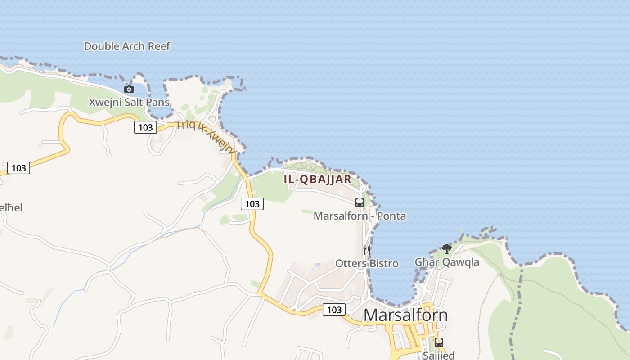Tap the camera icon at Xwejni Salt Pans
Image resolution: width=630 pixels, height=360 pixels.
(x=129, y=89)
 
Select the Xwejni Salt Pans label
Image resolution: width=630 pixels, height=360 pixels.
(x=129, y=102)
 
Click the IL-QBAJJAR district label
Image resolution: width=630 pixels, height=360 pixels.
(x=317, y=179)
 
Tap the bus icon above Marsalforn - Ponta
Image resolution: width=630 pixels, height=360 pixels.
(x=359, y=202)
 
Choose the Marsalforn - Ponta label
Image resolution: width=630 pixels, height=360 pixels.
(x=360, y=216)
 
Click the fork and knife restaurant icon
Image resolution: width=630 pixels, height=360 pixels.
(x=367, y=250)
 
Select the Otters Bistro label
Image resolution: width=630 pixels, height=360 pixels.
(x=367, y=263)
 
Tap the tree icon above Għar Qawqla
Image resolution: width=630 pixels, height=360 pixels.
(x=446, y=248)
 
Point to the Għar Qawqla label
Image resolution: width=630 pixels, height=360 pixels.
(x=447, y=262)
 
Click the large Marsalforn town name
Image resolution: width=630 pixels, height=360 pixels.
(x=405, y=315)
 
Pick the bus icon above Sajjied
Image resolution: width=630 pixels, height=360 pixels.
(x=439, y=342)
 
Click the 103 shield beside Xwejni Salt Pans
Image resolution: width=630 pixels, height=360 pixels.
(x=145, y=127)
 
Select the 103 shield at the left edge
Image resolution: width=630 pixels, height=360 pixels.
(x=18, y=168)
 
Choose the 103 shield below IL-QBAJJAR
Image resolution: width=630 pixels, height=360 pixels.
(x=252, y=204)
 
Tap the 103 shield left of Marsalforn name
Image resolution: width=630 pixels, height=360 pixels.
(x=334, y=310)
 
